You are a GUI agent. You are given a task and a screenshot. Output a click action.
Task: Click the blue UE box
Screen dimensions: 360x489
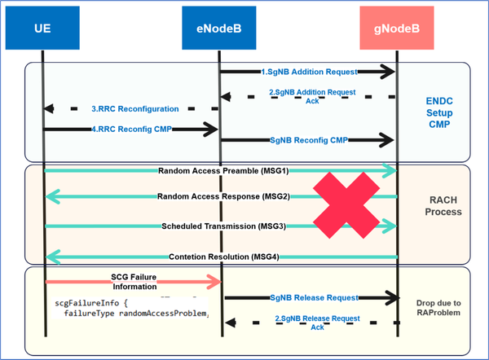[x=43, y=29]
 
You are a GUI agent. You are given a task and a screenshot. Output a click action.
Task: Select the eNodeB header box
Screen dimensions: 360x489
[x=219, y=29]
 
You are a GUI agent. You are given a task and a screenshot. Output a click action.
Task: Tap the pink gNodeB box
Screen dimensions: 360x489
[x=398, y=29]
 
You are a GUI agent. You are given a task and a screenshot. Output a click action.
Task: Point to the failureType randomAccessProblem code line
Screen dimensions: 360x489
[x=134, y=313]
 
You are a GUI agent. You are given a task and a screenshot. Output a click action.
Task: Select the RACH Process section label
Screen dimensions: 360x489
[x=443, y=205]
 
